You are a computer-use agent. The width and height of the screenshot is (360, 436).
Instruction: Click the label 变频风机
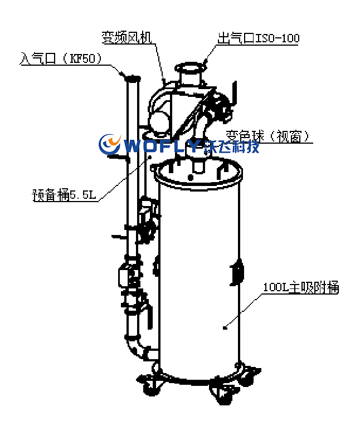pos(127,37)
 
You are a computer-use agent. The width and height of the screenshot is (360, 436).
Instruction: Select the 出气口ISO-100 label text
pos(258,38)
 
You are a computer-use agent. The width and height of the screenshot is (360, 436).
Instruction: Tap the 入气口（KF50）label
pos(61,58)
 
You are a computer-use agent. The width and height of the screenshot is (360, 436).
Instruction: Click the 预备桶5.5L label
pos(65,195)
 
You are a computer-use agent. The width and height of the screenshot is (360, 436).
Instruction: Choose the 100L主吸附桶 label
pos(300,288)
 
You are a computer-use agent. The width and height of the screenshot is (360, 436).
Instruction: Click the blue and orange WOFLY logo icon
pos(110,144)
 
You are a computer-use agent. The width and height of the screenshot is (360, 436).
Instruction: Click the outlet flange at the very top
pos(190,70)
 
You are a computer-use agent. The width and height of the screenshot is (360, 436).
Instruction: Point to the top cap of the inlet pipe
pos(132,79)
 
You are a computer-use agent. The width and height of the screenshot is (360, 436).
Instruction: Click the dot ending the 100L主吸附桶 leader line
pos(225,327)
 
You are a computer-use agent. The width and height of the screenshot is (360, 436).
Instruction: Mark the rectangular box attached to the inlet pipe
pos(125,275)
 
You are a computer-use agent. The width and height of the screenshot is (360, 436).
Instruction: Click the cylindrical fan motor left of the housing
pos(158,120)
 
